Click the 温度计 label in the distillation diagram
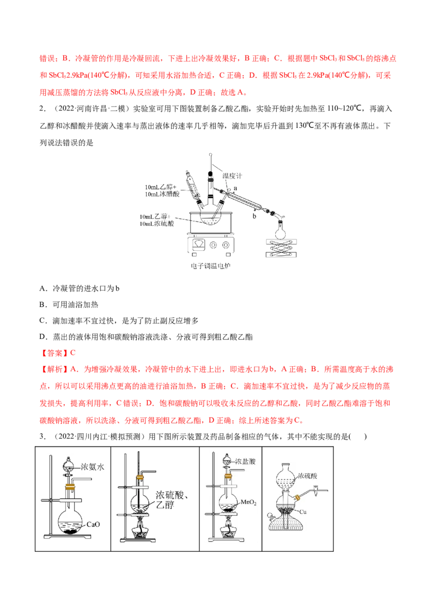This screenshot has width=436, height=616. click(232, 176)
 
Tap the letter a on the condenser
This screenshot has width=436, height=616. click(235, 188)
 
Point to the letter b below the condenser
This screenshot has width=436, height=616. click(254, 215)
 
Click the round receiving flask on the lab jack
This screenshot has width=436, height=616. click(280, 231)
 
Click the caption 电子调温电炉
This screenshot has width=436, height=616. click(210, 266)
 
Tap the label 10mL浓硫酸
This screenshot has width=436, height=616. click(156, 224)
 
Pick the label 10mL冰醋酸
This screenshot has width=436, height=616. click(162, 194)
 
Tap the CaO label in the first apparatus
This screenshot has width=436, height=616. click(93, 525)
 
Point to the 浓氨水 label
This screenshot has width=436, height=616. click(93, 467)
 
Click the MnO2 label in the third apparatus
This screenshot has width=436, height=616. click(249, 502)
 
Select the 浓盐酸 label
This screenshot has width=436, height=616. click(245, 461)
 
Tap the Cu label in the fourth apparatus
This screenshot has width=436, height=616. click(302, 512)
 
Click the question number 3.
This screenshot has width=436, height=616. click(43, 437)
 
